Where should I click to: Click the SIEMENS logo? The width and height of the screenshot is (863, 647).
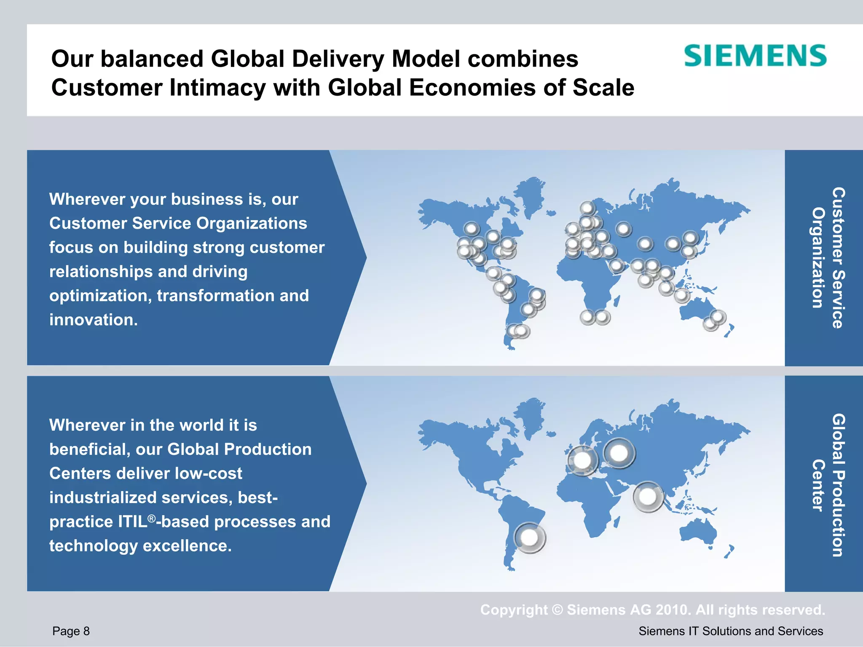[755, 56]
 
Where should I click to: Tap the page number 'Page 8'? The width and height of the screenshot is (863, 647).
[71, 631]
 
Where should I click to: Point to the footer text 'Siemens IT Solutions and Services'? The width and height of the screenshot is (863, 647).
[731, 631]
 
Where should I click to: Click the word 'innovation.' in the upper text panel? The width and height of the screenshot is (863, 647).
[94, 320]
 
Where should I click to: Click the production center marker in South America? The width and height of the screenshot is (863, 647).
[529, 537]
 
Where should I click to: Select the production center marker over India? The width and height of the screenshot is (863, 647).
[648, 497]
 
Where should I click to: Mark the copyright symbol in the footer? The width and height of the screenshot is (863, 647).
[557, 610]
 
